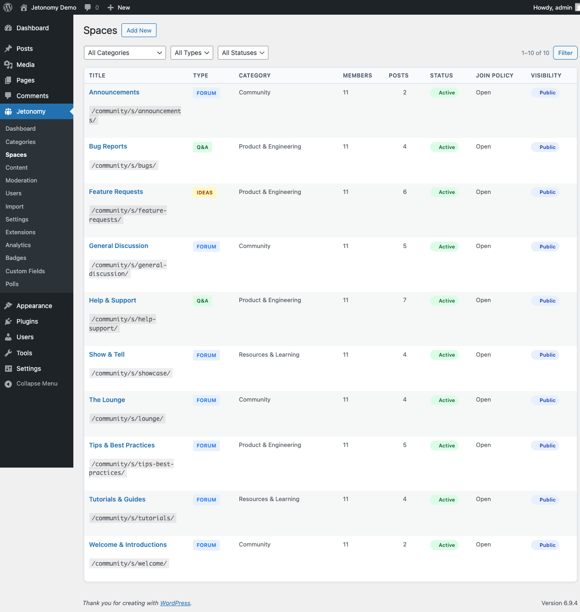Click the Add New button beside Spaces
(139, 30)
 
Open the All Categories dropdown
(125, 53)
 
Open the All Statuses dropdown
(243, 53)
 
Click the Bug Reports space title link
(108, 146)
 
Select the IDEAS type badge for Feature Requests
(204, 193)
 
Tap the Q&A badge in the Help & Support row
(202, 301)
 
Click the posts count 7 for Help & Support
(405, 300)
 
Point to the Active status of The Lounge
(446, 400)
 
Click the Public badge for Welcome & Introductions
(547, 545)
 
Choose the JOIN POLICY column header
(494, 76)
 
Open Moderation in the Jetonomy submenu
(21, 181)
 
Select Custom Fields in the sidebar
(25, 271)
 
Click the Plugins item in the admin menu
(27, 321)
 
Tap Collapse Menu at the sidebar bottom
(37, 384)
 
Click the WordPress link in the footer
(175, 603)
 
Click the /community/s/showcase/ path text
(131, 373)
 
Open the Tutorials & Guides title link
(117, 499)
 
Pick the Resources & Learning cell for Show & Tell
(269, 355)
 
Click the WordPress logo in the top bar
(8, 7)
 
